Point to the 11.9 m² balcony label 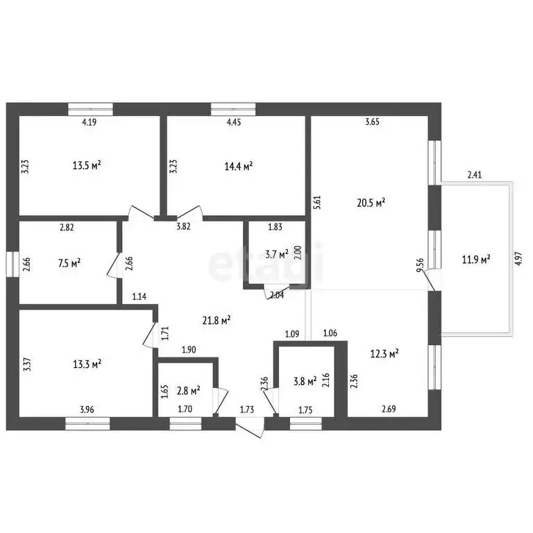pyautogui.click(x=477, y=260)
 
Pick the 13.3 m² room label pyautogui.click(x=87, y=363)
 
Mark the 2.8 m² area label pyautogui.click(x=187, y=390)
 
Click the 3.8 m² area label pyautogui.click(x=304, y=380)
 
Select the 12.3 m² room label pyautogui.click(x=384, y=354)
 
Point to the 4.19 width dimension pyautogui.click(x=89, y=123)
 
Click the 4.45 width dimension pyautogui.click(x=233, y=123)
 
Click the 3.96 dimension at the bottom pyautogui.click(x=87, y=409)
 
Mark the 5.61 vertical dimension pyautogui.click(x=317, y=201)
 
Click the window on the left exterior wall pyautogui.click(x=11, y=264)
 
